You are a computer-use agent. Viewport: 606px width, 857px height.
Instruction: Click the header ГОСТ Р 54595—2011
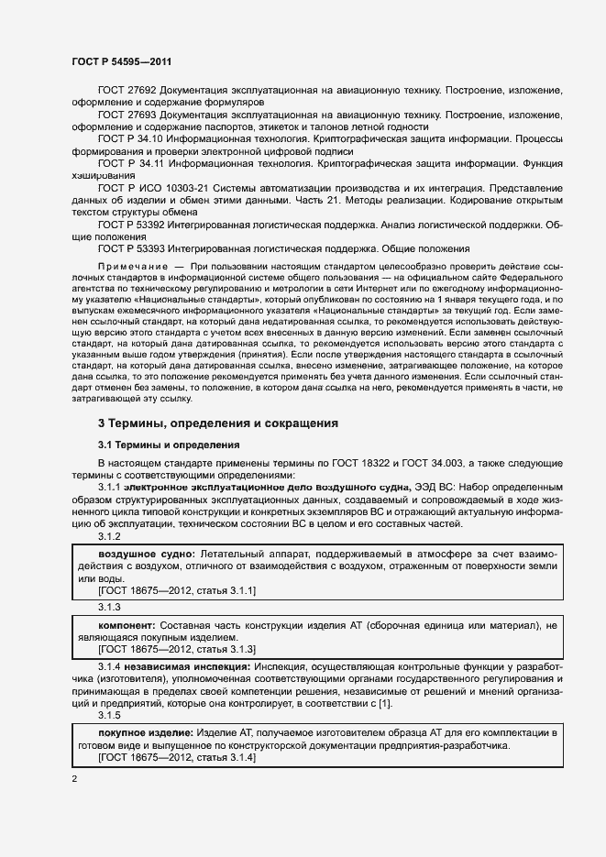122,61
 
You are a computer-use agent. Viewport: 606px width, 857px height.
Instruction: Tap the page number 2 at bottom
74,778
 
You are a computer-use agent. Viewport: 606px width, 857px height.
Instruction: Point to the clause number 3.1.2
109,536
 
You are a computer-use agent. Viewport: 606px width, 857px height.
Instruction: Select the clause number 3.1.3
109,607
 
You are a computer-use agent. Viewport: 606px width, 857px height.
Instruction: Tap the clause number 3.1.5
109,714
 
